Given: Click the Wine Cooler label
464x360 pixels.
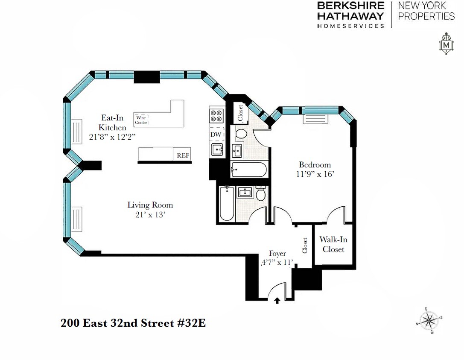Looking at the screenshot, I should coord(141,120).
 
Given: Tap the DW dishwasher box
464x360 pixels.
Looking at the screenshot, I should coord(216,134).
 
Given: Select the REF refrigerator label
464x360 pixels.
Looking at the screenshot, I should coord(183,156).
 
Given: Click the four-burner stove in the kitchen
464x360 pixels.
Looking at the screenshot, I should coord(216,115).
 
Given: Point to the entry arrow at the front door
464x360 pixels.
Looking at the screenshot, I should coord(277,301).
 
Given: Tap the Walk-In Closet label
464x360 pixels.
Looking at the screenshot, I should coord(333,245).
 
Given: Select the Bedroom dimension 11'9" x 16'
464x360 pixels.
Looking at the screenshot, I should coord(315,174).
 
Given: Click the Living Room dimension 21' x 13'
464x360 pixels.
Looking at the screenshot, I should coord(150,215).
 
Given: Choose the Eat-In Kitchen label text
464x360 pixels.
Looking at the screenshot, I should coord(112,122).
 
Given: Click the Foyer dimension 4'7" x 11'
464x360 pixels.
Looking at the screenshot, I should coord(277,263).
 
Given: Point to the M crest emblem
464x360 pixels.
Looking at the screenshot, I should coord(446,44).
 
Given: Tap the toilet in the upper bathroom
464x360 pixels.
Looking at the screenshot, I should coord(241,133).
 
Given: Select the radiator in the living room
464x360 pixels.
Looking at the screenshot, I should coord(77,218).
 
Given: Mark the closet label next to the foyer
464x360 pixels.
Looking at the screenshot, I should coord(305,246).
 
